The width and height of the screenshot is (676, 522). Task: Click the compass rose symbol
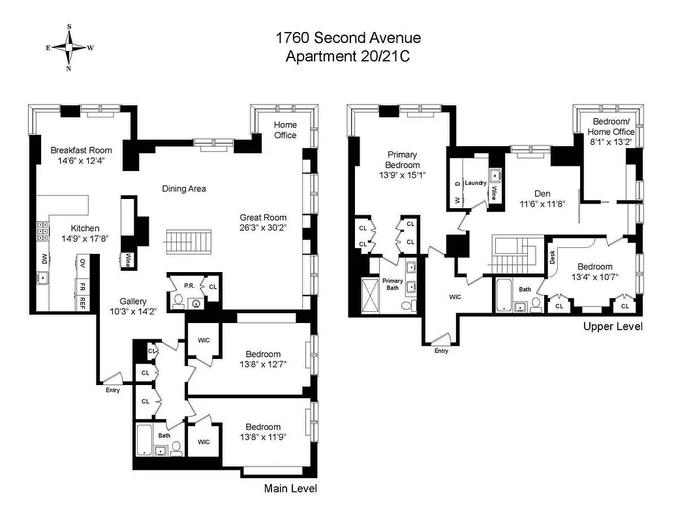pyautogui.click(x=69, y=48)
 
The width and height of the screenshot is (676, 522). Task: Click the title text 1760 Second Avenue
pyautogui.click(x=348, y=38)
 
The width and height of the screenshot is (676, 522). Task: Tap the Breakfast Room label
pyautogui.click(x=82, y=150)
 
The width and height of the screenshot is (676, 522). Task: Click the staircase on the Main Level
pyautogui.click(x=189, y=241)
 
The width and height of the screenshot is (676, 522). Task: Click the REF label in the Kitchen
pyautogui.click(x=83, y=303)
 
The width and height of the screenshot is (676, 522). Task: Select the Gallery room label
pyautogui.click(x=132, y=301)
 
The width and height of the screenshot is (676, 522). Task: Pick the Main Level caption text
pyautogui.click(x=290, y=488)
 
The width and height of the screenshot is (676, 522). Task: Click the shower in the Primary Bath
pyautogui.click(x=371, y=296)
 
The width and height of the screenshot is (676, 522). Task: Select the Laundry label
pyautogui.click(x=476, y=183)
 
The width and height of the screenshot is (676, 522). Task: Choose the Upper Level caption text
pyautogui.click(x=612, y=326)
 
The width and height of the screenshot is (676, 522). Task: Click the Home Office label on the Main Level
pyautogui.click(x=284, y=130)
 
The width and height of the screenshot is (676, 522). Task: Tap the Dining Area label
pyautogui.click(x=184, y=189)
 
